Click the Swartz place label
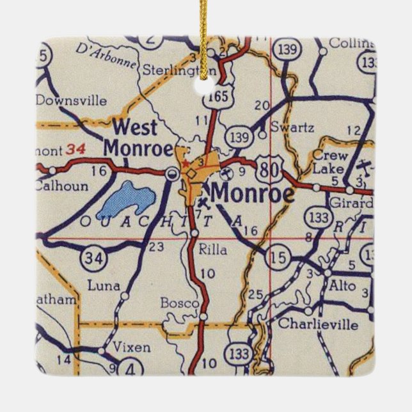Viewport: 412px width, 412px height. [x=292, y=127]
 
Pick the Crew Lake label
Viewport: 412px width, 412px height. [x=329, y=162]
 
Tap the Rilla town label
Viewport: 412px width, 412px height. [x=212, y=250]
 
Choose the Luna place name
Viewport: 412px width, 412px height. [x=104, y=285]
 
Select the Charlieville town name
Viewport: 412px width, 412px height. [x=318, y=324]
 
